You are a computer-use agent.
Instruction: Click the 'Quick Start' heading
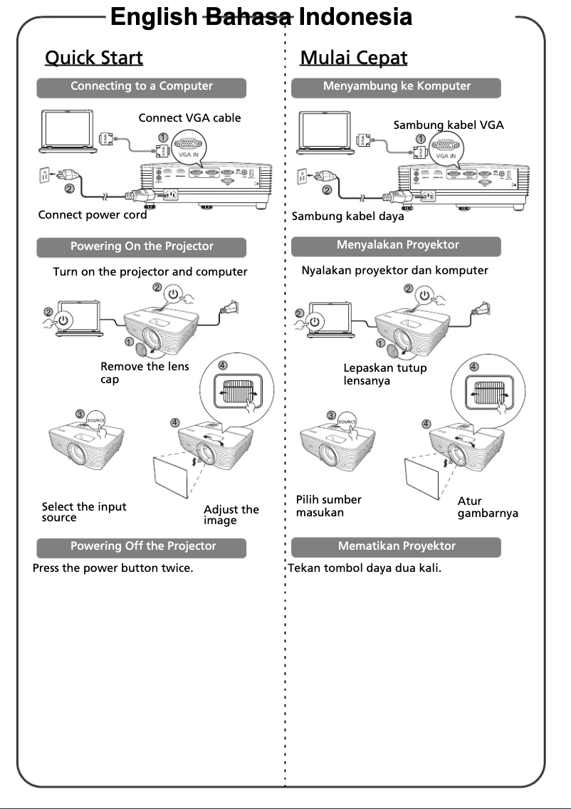pos(94,58)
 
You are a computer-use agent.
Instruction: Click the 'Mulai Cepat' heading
pos(354,58)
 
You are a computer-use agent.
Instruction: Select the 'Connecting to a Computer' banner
pos(142,87)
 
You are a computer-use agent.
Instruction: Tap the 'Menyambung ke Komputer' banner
pos(397,87)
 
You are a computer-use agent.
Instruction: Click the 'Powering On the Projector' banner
pos(142,246)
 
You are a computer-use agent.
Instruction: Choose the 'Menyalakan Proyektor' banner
pos(397,246)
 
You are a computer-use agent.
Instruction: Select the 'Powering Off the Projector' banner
pos(142,547)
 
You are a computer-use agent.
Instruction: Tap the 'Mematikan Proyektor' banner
pos(397,547)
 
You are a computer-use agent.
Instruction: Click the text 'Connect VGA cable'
pos(189,118)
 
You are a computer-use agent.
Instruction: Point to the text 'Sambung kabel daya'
pos(348,216)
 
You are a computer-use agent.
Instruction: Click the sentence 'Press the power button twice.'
pos(113,569)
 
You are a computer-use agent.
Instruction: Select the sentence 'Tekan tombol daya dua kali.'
pos(365,569)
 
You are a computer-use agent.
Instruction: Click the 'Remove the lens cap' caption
pos(145,373)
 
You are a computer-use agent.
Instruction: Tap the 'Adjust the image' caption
pos(231,515)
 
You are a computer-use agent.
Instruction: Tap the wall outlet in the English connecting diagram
pos(43,175)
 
